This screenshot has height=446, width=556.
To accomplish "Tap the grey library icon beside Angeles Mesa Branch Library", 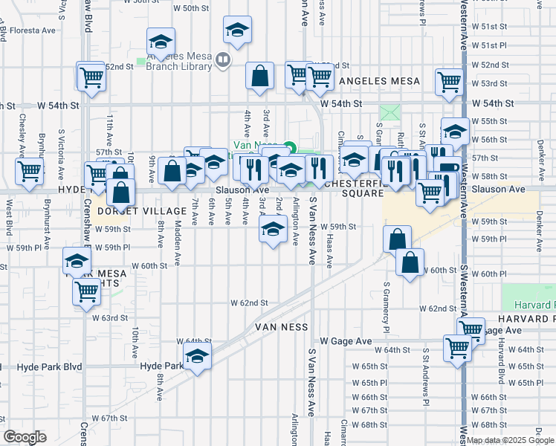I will click(x=223, y=58).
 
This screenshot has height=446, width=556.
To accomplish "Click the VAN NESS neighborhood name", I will click(x=282, y=326).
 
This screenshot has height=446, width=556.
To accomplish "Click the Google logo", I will click(x=25, y=437).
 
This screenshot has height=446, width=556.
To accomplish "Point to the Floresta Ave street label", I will click(x=33, y=31).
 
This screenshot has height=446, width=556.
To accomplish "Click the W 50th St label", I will click(x=191, y=7).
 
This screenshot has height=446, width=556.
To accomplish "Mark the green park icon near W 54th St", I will click(x=389, y=113).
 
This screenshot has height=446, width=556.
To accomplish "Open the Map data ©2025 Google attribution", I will click(x=510, y=440).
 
